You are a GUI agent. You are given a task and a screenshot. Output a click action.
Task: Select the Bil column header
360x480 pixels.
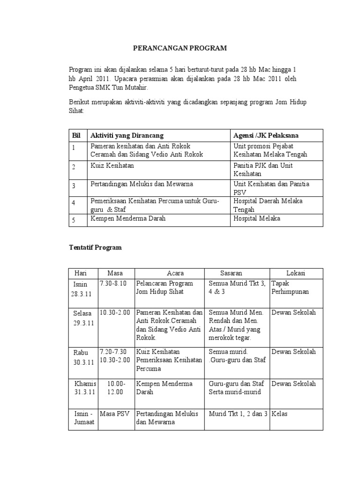click(76, 135)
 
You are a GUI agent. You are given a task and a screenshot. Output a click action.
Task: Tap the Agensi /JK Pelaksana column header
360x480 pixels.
click(266, 135)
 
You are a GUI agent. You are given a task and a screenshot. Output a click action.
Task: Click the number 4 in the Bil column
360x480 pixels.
click(74, 202)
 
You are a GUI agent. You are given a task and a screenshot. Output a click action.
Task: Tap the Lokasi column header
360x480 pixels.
click(296, 273)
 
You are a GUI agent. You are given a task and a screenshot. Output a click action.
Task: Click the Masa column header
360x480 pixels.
click(115, 273)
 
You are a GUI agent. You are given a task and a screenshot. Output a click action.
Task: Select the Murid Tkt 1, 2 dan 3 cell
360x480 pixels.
click(238, 414)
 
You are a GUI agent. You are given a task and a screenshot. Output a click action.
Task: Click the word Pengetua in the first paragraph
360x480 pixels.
click(84, 87)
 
